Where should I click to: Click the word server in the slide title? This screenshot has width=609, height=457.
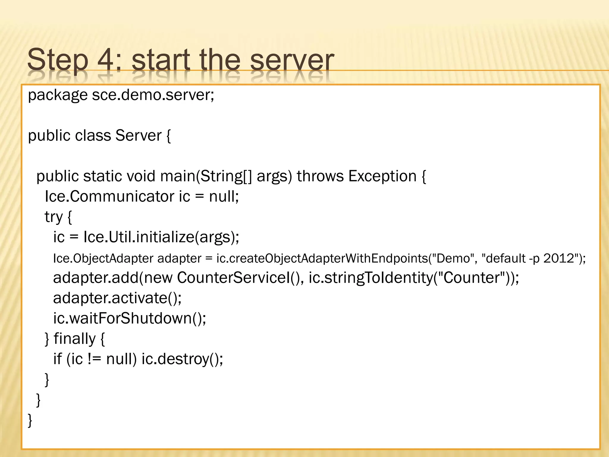292,61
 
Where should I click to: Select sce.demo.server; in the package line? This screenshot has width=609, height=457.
153,95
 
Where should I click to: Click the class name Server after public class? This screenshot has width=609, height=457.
138,136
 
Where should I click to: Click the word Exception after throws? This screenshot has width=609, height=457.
382,176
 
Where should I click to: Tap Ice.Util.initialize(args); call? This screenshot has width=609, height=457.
161,237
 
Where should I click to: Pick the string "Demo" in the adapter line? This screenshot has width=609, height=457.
452,258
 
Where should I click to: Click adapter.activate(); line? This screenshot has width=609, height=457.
117,298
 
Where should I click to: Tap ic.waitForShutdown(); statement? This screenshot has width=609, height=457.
130,318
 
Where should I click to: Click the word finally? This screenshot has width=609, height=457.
74,339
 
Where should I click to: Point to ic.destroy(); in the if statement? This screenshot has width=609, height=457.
182,359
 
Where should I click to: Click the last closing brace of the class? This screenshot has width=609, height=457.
30,420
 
